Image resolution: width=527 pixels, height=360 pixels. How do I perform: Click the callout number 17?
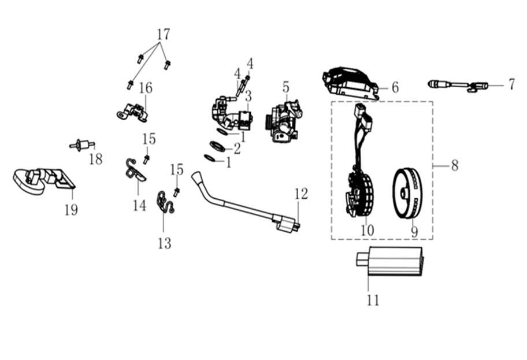164,34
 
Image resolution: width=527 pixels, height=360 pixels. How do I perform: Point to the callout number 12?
302,194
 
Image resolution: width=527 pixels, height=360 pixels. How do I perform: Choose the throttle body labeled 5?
284,120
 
